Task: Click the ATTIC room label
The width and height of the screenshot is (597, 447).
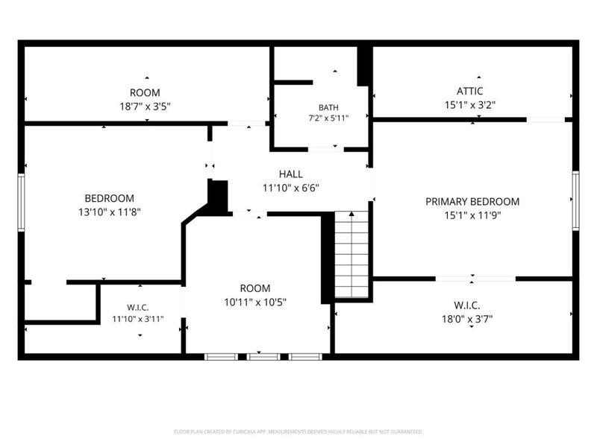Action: tap(470, 91)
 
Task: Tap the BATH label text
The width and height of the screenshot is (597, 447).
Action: tap(328, 107)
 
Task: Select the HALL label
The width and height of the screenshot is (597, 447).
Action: tap(291, 174)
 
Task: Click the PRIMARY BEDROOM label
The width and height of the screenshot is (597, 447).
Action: tap(472, 201)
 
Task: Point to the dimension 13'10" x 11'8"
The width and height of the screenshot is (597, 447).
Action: tap(110, 212)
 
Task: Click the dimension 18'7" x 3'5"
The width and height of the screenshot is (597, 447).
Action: tap(145, 106)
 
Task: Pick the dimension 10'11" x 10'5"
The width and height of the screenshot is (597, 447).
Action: tap(255, 302)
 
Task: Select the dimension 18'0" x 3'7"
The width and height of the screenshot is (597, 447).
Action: tap(467, 319)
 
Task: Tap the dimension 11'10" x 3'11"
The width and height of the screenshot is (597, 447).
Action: tap(138, 319)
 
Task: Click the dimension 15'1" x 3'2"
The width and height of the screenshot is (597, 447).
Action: tap(470, 105)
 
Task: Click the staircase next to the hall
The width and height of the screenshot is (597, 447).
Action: tap(351, 254)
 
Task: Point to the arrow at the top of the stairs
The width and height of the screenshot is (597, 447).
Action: tap(351, 214)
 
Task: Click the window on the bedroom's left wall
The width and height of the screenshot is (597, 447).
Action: tap(22, 202)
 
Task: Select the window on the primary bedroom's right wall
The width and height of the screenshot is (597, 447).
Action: tap(575, 200)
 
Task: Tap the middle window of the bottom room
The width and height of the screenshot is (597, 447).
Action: tap(263, 357)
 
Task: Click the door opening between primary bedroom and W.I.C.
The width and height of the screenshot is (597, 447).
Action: tap(475, 279)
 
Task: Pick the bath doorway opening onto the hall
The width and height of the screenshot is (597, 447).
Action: tap(326, 150)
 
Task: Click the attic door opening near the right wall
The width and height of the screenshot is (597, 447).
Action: tap(546, 120)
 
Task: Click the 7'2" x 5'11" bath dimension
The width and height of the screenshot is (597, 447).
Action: tap(328, 118)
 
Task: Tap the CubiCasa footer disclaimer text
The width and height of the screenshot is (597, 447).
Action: tap(298, 432)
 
